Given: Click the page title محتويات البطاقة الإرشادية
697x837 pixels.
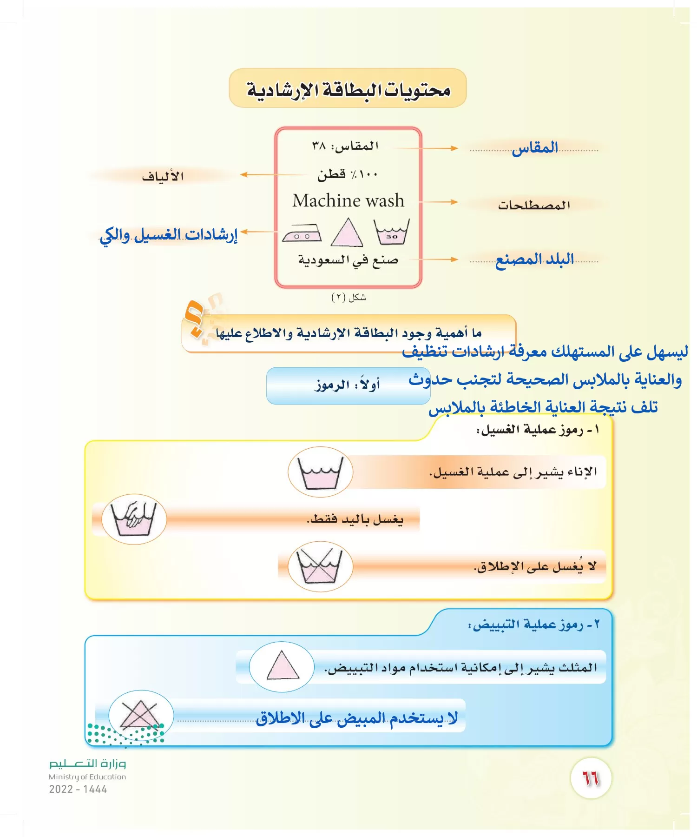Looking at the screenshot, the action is coord(348,89).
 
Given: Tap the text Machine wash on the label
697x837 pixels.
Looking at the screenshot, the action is coord(348,201).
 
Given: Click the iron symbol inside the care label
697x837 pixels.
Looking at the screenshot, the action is coord(302,233).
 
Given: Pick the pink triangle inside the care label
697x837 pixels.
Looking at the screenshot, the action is coord(347,232).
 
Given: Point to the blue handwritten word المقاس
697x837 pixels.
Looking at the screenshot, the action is coord(535,148).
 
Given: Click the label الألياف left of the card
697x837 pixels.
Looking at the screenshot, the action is coord(163,176).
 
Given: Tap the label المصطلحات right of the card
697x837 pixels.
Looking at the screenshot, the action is coord(534,205).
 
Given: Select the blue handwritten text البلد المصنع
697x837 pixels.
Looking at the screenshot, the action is coord(534,259).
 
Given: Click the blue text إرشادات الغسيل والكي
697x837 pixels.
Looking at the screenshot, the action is coord(169,235).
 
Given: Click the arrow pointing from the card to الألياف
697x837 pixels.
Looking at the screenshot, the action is coord(260,175).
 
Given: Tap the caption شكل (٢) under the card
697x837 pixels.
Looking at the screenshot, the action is coord(348,297).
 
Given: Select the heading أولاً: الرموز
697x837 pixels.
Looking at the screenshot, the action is coord(348,385).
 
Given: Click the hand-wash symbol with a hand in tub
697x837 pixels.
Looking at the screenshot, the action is coord(134,519).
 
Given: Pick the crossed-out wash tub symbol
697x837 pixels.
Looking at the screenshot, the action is coord(320,566).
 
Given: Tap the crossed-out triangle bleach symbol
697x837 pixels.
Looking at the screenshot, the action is coord(140,715).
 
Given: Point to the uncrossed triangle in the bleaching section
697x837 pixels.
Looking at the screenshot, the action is coord(282,666).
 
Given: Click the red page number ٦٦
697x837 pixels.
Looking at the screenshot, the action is coord(591,778).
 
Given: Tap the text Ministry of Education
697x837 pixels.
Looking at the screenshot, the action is coord(87,777).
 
